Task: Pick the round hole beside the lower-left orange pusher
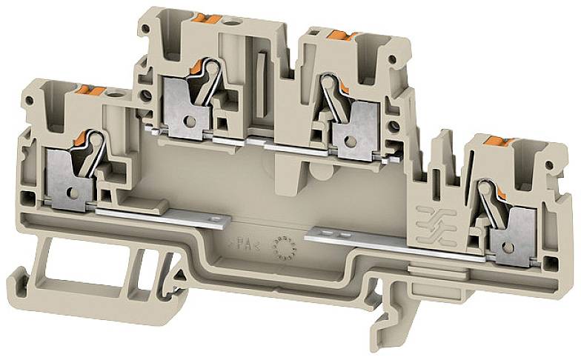click(114, 94)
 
